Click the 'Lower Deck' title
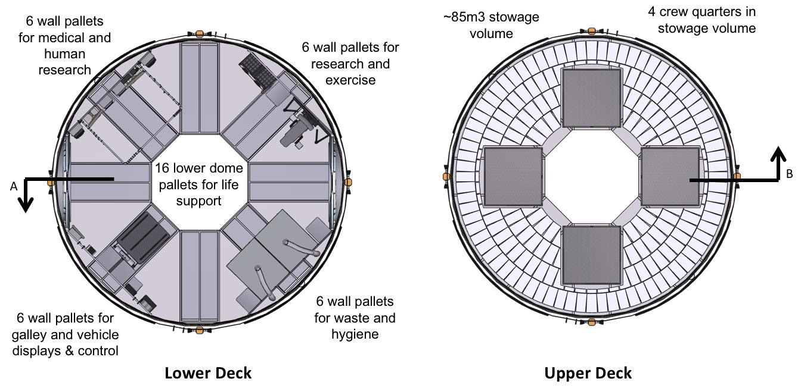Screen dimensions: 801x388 click(208, 373)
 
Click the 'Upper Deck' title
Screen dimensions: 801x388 click(588, 374)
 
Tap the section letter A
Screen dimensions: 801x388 click(14, 186)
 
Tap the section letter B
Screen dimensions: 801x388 click(789, 174)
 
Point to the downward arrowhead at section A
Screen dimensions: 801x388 click(26, 205)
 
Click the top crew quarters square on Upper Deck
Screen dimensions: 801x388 click(591, 98)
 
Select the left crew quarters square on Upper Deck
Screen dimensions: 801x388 click(513, 177)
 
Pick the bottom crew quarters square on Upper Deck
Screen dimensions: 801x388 click(591, 255)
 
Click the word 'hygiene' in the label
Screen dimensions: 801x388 click(355, 334)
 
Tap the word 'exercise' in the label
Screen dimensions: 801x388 click(350, 80)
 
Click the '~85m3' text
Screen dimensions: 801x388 click(464, 17)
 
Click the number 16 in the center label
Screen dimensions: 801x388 click(161, 168)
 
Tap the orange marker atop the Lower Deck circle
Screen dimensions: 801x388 click(200, 34)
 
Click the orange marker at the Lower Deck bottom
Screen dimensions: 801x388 click(200, 330)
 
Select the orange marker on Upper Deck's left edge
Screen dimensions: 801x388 click(446, 176)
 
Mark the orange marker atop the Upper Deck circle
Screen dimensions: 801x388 click(591, 31)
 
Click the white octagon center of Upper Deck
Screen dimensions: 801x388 click(591, 177)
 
